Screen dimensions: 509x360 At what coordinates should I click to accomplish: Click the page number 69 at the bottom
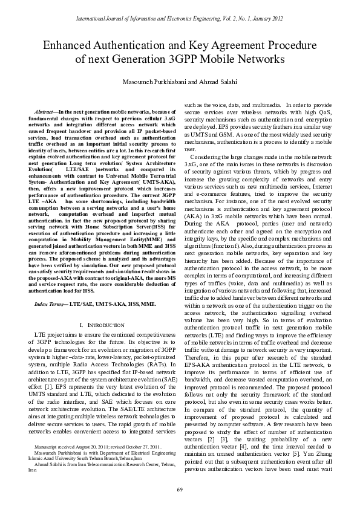tap(180, 489)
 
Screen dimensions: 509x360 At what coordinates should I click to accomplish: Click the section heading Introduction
tap(99, 325)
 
